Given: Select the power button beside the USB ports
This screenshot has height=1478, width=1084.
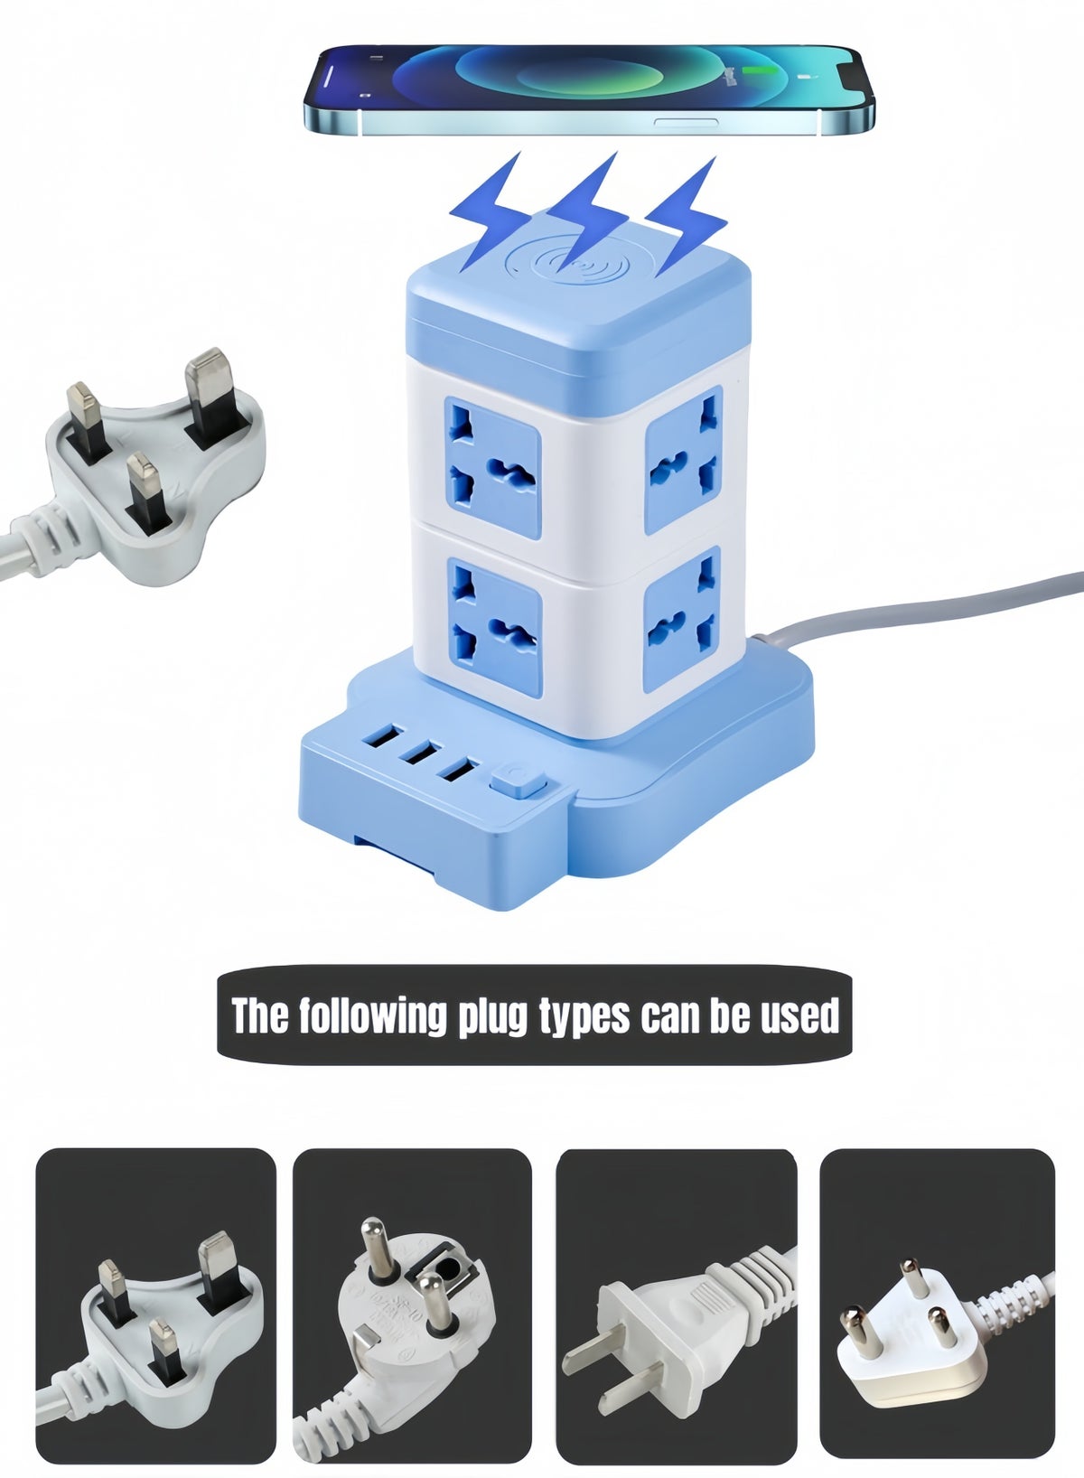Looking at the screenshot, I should pos(519,782).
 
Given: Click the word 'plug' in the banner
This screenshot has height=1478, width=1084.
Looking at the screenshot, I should pos(496,1015).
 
